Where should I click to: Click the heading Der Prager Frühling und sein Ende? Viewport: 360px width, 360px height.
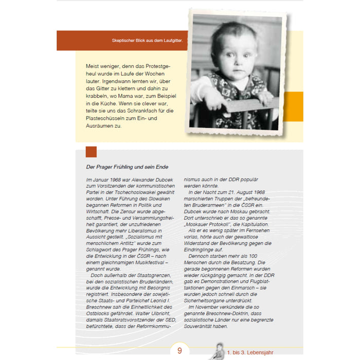tap(127, 167)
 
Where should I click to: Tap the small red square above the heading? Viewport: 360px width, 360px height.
tap(91, 152)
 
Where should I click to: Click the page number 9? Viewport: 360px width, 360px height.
tap(180, 351)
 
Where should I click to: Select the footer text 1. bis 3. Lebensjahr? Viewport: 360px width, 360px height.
tap(251, 354)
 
